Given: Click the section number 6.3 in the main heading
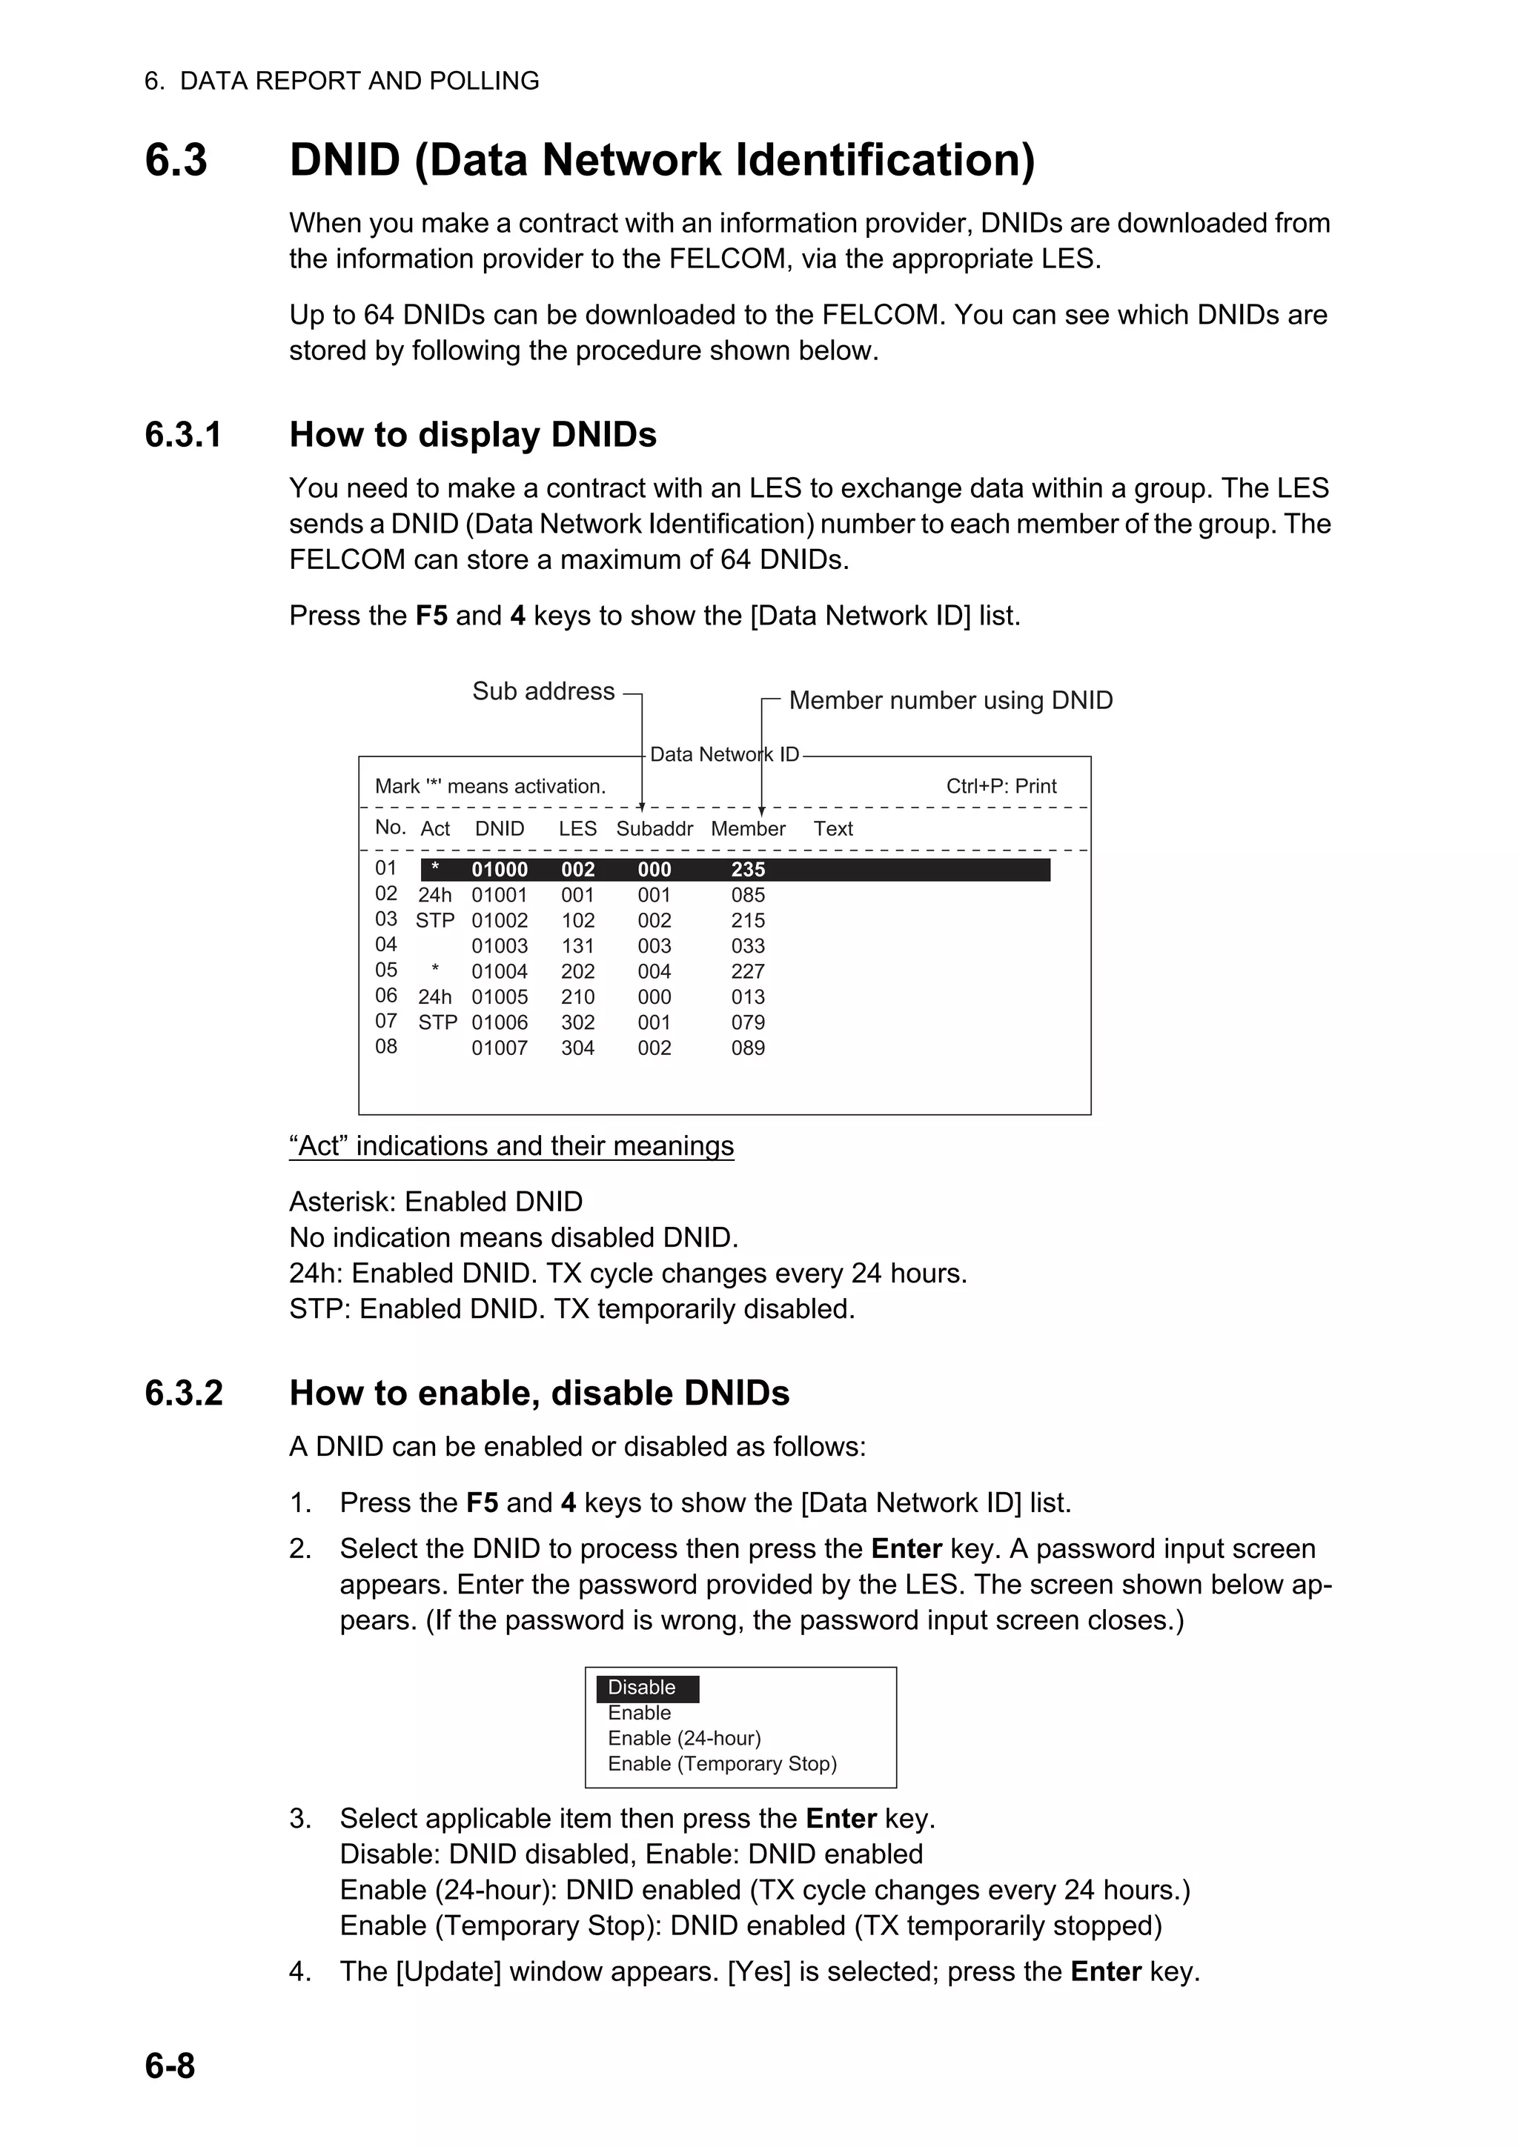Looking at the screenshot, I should click(x=176, y=160).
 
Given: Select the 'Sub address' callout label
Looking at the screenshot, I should click(x=543, y=691).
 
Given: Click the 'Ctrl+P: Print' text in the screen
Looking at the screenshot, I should click(x=1001, y=787).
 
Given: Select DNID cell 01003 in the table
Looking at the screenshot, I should click(x=500, y=946).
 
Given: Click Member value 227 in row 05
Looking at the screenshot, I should click(x=747, y=971).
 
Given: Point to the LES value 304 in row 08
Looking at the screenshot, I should click(x=577, y=1048).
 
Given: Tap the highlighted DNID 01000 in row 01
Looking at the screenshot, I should click(x=500, y=870).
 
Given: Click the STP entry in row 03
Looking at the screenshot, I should click(x=435, y=921).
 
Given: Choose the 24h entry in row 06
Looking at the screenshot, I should click(x=435, y=998).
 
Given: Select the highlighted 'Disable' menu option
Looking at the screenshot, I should click(x=642, y=1688).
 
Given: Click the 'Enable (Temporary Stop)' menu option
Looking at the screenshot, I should click(x=722, y=1765).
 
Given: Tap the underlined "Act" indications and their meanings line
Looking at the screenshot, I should click(x=511, y=1146).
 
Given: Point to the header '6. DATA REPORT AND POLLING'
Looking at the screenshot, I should click(x=342, y=81).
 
